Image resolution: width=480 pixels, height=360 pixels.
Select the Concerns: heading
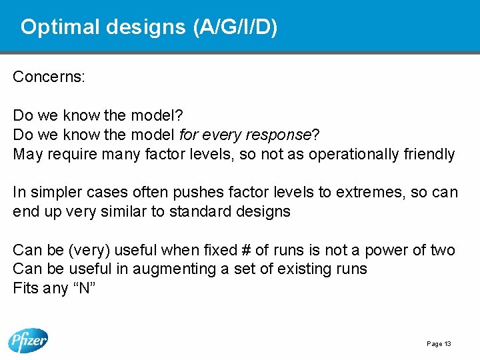[x=49, y=77]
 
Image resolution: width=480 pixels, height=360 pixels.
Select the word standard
[x=217, y=212]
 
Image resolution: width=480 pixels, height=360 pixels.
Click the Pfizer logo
[x=28, y=341]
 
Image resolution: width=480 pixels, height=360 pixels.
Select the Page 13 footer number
[x=439, y=344]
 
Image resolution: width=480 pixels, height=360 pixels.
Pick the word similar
[x=142, y=212]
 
